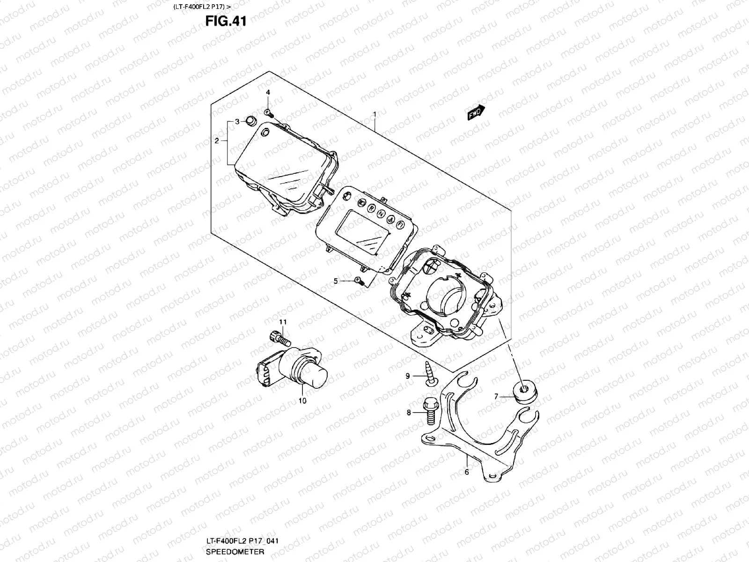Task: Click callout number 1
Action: [374, 114]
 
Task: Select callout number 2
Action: [217, 140]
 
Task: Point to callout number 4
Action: [268, 93]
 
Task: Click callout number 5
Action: [336, 281]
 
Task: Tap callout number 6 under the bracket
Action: [466, 472]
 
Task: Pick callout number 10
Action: [302, 401]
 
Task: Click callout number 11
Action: [283, 322]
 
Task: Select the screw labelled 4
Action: [269, 112]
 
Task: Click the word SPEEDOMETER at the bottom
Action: [235, 552]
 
